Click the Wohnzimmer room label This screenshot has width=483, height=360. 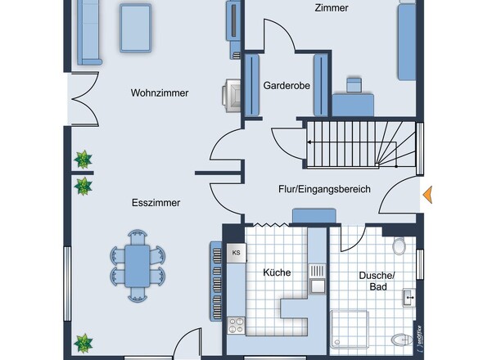pos(160,93)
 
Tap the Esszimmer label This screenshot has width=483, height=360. pos(156,203)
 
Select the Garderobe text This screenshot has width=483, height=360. pos(287,85)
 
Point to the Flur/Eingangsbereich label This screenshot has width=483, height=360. pos(324,189)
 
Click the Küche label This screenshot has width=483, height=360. pos(277,272)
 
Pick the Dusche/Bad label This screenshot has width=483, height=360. pos(377,281)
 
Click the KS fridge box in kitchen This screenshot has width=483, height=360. pos(237,253)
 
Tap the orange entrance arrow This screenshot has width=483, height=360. pos(427,195)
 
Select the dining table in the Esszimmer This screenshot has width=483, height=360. pos(138,266)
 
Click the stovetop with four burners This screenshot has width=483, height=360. pos(237,326)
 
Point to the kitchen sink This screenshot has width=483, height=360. pos(318,279)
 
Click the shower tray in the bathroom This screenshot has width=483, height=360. pos(350,329)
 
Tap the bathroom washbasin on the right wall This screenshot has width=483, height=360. pos(409,298)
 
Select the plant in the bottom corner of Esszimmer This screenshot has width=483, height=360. pos(84,343)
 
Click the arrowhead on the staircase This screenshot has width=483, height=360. pos(309,142)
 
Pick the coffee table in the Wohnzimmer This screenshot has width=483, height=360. pos(136,28)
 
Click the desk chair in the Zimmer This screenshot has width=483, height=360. pos(354,85)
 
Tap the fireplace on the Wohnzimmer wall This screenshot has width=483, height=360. pos(232,96)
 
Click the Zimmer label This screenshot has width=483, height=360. pos(332,8)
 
